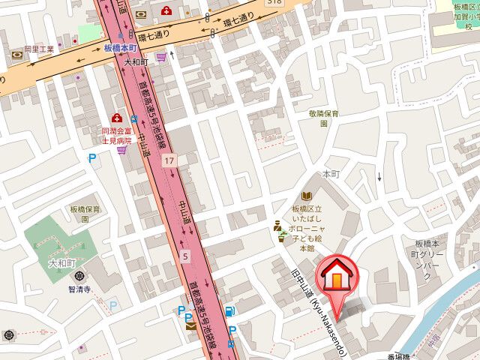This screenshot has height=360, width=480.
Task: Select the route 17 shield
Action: (x=171, y=160)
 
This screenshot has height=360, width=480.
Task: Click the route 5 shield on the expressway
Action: (x=184, y=256)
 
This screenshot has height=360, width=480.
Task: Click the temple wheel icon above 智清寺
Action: (x=79, y=276)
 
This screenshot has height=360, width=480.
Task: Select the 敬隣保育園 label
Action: (x=324, y=118)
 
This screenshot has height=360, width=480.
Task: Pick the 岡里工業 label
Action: (x=39, y=49)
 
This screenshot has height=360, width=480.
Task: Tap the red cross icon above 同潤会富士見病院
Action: (x=116, y=118)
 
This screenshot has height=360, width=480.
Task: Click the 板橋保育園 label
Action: (x=82, y=214)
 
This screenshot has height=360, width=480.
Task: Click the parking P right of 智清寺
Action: (x=113, y=306)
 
